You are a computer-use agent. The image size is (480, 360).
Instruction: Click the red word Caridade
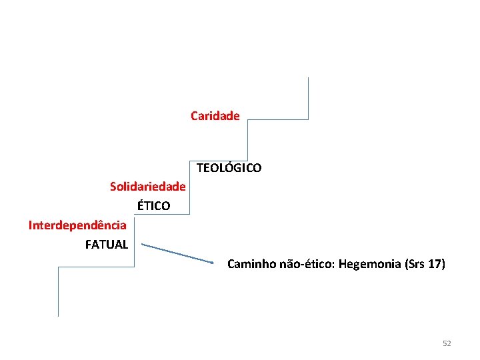pos(215,116)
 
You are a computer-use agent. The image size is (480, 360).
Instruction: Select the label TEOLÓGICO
pos(229,168)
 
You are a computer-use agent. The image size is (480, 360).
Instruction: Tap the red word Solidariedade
pos(147,186)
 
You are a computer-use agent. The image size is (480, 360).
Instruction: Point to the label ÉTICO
pos(153,206)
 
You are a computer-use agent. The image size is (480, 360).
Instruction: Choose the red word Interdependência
pos(77,225)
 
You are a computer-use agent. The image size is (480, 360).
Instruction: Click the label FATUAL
pos(107,245)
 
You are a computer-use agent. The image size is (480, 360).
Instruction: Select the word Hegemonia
pos(370,264)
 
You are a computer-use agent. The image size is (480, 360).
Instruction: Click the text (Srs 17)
pos(425,264)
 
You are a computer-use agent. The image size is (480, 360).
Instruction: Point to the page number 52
pos(447,343)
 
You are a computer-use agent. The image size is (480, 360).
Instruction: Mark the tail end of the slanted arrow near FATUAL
pos(145,245)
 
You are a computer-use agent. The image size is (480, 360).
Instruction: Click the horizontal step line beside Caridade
pos(278,120)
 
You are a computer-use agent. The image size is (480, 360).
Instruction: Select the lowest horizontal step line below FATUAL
pos(96,267)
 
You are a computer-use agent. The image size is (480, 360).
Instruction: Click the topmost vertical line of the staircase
pos(308,98)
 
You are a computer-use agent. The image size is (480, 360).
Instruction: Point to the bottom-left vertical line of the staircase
pos(59,291)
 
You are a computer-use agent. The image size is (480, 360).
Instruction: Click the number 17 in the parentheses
pos(434,264)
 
